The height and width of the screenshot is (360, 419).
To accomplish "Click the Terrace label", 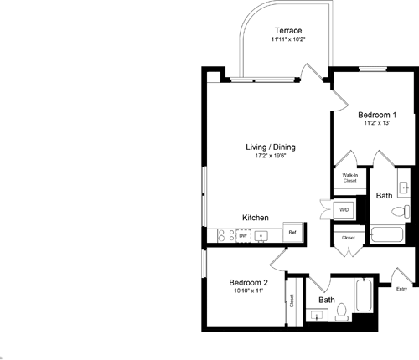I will pos(286,30).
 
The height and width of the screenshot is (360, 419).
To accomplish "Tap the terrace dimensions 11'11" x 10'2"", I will pos(286,39).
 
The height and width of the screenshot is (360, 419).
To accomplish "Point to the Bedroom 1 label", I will pos(376,114).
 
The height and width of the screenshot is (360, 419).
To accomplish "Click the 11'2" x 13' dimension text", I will pos(376,123).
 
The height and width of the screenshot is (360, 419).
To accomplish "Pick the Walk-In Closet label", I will pos(349,177).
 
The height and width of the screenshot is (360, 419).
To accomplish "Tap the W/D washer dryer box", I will pos(344,208).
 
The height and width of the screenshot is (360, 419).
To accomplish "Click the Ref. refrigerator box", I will pos(292,233).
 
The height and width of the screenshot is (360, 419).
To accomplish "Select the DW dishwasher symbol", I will pos(242,236).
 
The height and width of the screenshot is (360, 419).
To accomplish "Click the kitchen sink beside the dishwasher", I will pos(261,236).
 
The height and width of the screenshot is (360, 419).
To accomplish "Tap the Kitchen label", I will pos(255,218).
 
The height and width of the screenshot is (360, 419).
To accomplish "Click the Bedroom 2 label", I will pos(249,282).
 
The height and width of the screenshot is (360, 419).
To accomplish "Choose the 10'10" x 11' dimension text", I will pos(249,291).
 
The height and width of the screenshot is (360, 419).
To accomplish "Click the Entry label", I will pos(401,290).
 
